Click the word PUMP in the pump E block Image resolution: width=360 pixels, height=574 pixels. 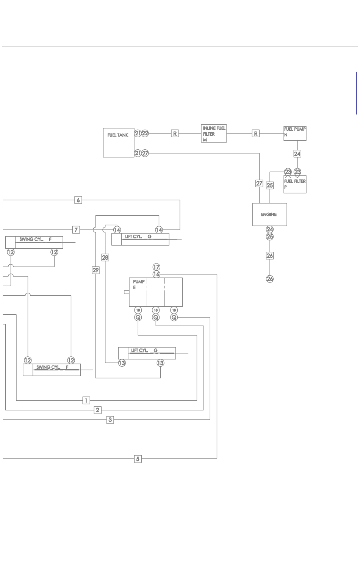[139, 282]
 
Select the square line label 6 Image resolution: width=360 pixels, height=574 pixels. [78, 200]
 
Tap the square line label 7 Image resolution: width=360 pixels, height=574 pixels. [76, 230]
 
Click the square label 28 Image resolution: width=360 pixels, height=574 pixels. [105, 257]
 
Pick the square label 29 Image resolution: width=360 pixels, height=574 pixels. [95, 270]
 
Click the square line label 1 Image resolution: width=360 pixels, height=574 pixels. [86, 400]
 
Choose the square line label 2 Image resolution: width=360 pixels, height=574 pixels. [97, 410]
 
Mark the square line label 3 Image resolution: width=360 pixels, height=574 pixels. [110, 420]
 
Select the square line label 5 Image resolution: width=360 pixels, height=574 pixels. [138, 459]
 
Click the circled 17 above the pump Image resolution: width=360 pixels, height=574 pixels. [157, 267]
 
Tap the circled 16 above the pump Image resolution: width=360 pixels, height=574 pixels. [157, 274]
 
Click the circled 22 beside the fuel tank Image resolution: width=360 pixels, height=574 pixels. [145, 133]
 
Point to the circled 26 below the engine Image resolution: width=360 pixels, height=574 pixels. [269, 279]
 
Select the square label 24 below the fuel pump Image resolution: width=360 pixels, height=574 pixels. [297, 154]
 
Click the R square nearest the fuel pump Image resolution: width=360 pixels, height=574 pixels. [256, 133]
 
